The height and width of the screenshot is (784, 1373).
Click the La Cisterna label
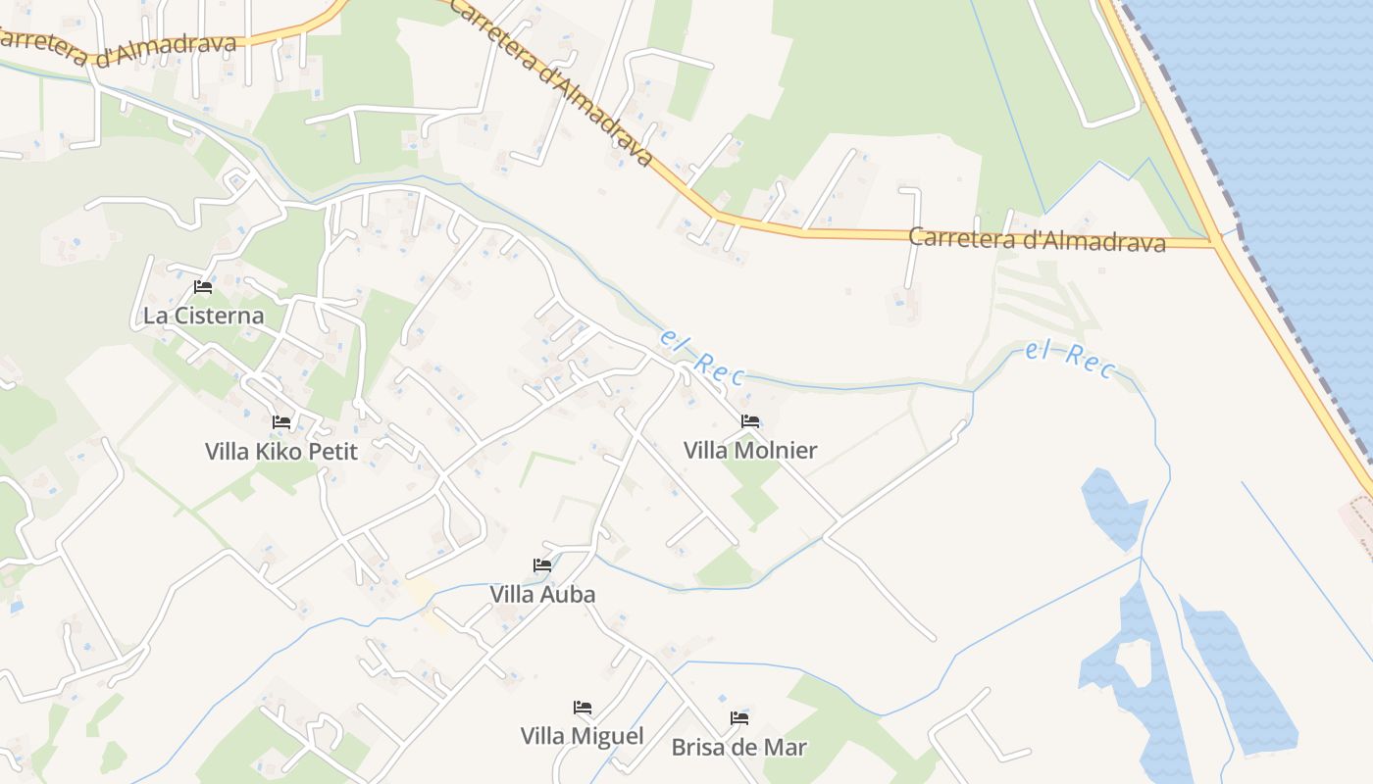tap(203, 316)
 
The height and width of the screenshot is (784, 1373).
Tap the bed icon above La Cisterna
tap(203, 287)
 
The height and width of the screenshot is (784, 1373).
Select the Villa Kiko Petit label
tap(281, 452)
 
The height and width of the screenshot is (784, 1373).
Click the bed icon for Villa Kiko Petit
tap(281, 422)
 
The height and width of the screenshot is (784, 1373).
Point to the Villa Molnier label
tap(750, 451)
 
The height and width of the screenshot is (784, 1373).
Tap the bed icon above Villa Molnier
tap(750, 421)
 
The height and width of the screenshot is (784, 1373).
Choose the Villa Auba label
tap(542, 594)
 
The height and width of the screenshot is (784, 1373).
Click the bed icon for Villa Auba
tap(541, 564)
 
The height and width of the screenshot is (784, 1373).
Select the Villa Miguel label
tap(583, 736)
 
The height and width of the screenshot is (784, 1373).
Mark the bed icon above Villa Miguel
tap(583, 707)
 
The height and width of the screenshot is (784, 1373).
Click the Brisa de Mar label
tap(739, 747)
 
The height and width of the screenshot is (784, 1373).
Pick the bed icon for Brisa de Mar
tap(739, 718)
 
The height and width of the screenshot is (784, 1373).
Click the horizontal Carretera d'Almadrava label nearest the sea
tap(1037, 239)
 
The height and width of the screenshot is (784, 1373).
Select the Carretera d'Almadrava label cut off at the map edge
tap(118, 45)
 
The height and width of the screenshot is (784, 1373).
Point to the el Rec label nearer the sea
tap(1070, 360)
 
